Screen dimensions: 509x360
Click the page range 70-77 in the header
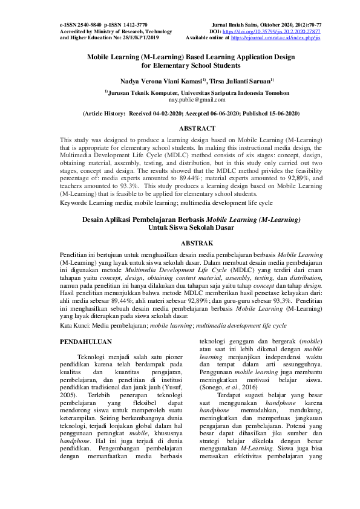[313, 24]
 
